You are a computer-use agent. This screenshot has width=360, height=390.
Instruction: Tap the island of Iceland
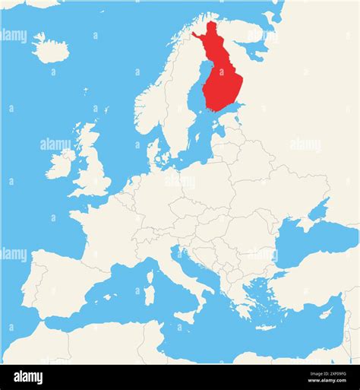pos(52,50)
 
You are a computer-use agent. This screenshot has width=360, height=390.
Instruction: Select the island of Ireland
pos(61,164)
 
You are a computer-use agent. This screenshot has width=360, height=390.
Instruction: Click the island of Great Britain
pos(93,171)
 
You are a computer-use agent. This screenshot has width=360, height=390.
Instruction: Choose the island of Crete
pos(265,328)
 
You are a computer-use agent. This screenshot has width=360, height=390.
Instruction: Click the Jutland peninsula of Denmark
pos(154,152)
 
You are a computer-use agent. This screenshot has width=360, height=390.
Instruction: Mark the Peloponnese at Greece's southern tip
pos(241,309)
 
